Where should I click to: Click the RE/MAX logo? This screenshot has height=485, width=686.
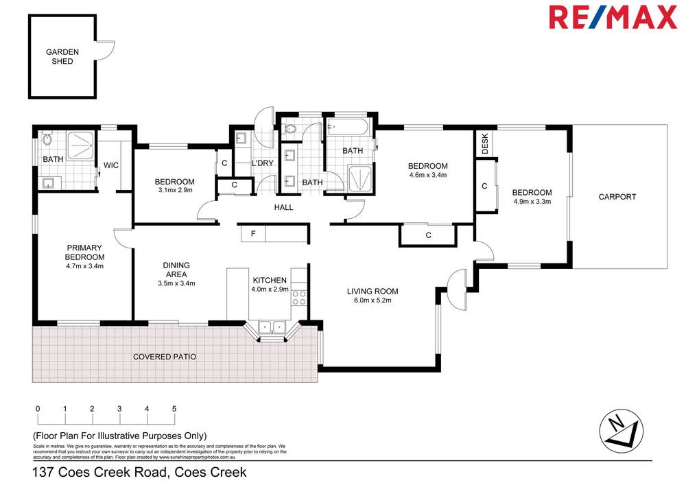[x=613, y=18]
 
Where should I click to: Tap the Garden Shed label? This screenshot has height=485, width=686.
[x=62, y=56]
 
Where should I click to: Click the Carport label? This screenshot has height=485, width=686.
[x=617, y=197]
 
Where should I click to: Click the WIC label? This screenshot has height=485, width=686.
[x=111, y=165]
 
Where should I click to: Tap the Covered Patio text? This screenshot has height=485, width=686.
[x=165, y=357]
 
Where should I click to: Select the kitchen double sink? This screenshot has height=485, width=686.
[x=271, y=327]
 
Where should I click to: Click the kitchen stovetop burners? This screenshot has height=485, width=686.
[x=299, y=297]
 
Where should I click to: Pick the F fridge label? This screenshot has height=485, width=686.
[x=253, y=234]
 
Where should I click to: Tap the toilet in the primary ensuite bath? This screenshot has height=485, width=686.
[x=47, y=140]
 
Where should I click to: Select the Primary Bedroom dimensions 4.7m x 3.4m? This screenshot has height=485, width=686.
[x=84, y=266]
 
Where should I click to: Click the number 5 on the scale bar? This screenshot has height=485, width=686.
[x=174, y=409]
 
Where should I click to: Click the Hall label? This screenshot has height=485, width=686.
[x=283, y=207]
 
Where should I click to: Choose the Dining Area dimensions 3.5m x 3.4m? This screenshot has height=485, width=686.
[x=176, y=283]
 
